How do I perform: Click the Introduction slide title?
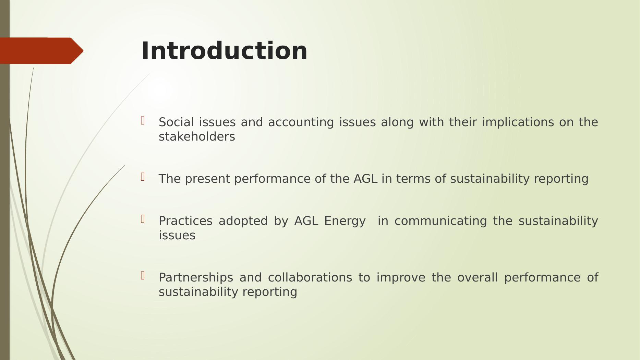click(x=225, y=51)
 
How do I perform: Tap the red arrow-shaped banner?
click(x=41, y=51)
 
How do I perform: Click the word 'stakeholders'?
click(x=197, y=136)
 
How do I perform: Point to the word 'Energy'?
click(x=345, y=221)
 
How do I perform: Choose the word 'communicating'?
click(x=440, y=221)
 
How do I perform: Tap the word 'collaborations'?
click(x=310, y=277)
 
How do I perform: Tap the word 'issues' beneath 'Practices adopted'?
click(x=177, y=235)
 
